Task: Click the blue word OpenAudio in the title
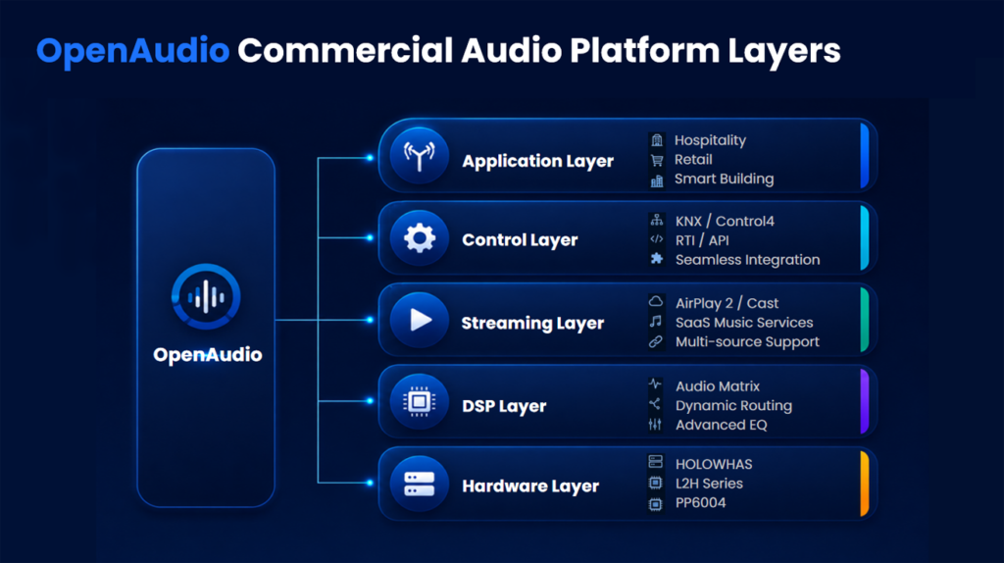point(132,51)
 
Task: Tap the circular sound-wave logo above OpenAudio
point(206,296)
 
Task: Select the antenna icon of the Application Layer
point(420,156)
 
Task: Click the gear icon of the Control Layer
point(420,238)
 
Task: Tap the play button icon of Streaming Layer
point(420,320)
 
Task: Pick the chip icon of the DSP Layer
point(420,401)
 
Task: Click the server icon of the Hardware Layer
point(420,484)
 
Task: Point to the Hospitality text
point(710,140)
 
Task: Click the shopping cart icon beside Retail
point(657,160)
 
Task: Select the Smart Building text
point(725,179)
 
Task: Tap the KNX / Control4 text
point(725,221)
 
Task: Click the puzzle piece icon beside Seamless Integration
point(656,259)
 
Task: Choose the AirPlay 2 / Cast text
point(727,303)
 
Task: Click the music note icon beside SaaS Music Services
point(656,322)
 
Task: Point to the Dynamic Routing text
point(733,405)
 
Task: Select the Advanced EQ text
point(721,425)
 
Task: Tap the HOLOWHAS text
point(714,464)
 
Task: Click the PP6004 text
point(700,503)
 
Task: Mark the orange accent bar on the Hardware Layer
point(865,484)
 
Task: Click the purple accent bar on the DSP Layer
point(865,401)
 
